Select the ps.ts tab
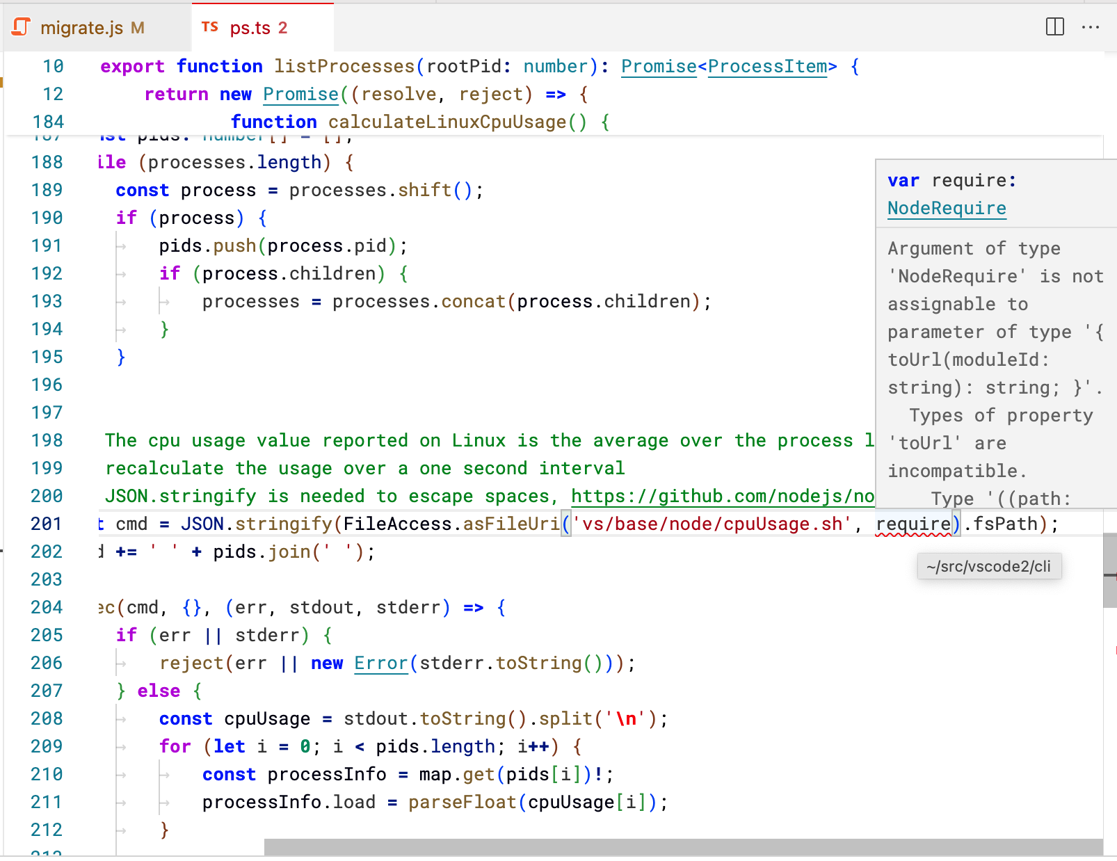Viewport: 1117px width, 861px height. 250,28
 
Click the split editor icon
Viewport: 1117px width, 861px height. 1054,27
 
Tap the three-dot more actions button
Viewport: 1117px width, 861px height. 1090,27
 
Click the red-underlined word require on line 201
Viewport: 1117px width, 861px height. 913,524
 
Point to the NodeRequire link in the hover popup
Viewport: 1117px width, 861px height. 946,208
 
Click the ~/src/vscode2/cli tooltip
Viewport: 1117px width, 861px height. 988,566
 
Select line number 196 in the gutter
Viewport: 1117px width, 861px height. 47,385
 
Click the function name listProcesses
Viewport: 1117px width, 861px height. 344,66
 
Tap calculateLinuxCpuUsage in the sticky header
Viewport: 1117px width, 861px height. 447,122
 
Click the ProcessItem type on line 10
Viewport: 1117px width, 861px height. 767,66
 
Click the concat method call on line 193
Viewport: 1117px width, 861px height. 473,301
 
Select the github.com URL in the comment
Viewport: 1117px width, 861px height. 722,496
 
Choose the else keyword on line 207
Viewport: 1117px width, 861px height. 159,691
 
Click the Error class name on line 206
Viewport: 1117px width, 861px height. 380,663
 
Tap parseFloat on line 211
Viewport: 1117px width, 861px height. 463,802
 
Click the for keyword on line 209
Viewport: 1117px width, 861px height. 175,746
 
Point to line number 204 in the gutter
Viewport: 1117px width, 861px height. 47,607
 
